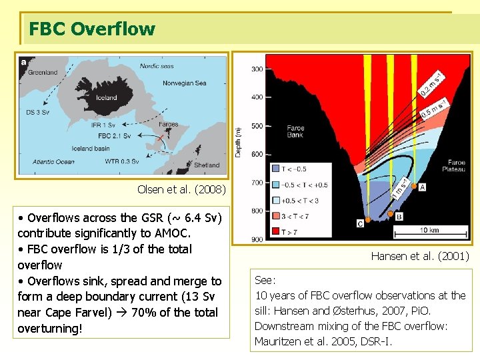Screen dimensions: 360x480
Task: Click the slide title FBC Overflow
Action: (92, 29)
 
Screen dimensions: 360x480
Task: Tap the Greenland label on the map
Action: (42, 72)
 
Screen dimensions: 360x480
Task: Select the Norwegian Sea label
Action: (185, 83)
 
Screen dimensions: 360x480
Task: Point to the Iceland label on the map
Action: (105, 97)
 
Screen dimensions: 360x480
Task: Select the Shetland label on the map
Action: (207, 165)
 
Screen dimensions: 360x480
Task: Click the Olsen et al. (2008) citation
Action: (181, 189)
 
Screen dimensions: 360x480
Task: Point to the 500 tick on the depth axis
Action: (257, 125)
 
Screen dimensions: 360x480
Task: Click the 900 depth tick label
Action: (257, 239)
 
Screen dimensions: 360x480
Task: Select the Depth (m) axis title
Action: (238, 143)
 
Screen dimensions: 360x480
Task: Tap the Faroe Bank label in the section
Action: (295, 131)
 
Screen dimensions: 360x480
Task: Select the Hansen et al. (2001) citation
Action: (420, 256)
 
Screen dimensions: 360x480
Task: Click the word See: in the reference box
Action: (265, 281)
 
